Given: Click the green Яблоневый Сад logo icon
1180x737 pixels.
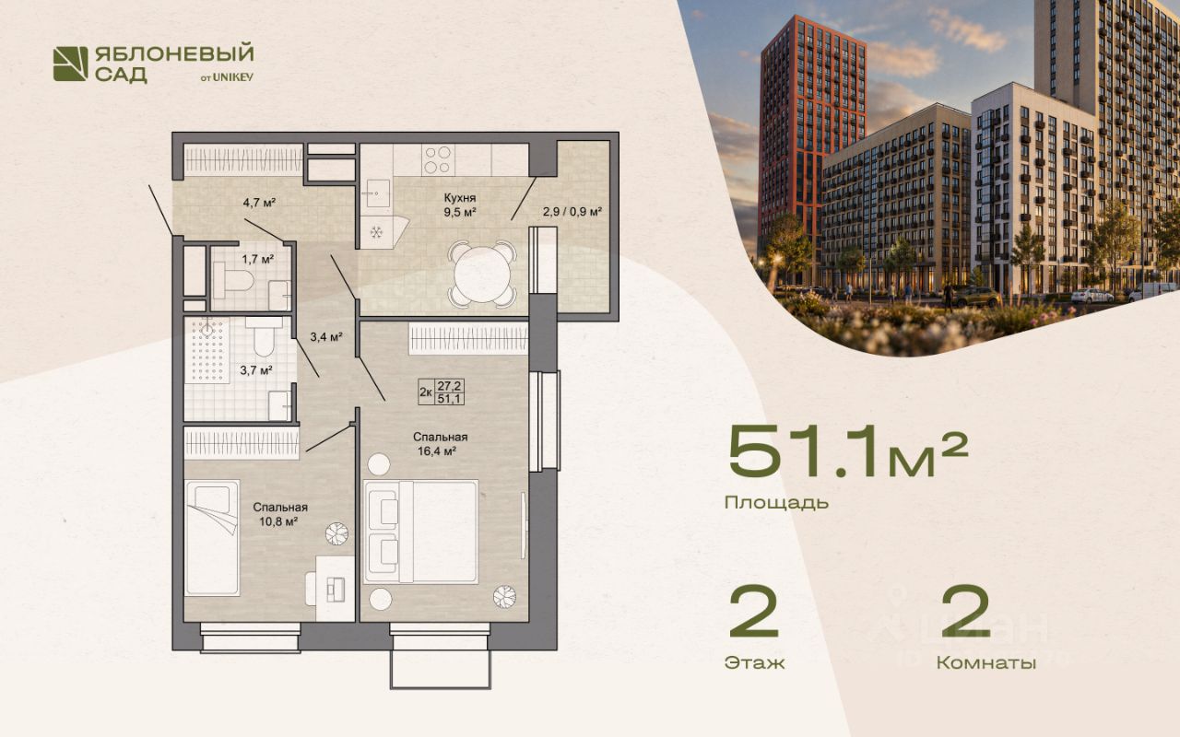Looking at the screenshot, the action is tap(71, 64).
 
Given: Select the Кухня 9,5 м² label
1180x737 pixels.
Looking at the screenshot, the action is tap(460, 205).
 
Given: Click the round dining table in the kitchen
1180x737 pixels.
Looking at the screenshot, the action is tap(482, 274).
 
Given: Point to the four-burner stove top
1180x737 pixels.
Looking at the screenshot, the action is tap(438, 160).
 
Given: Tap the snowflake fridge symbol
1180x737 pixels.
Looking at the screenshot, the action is tap(376, 231).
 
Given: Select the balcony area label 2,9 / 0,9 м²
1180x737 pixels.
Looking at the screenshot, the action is tap(572, 212).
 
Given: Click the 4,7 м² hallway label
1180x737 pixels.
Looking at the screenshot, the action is tap(260, 202).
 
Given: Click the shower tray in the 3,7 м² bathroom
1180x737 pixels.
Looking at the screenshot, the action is tap(206, 349).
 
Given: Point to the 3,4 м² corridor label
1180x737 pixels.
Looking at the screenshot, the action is tap(326, 336).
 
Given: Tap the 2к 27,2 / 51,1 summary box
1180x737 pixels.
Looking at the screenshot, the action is tap(442, 392).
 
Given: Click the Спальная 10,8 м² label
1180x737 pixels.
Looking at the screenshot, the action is tap(279, 514).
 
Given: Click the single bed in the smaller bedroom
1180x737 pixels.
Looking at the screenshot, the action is tap(212, 537).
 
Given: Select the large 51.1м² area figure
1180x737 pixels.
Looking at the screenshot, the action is tap(848, 455).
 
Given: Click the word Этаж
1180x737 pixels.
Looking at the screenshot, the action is tap(754, 662).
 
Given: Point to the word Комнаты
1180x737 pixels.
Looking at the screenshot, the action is tap(986, 662).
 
